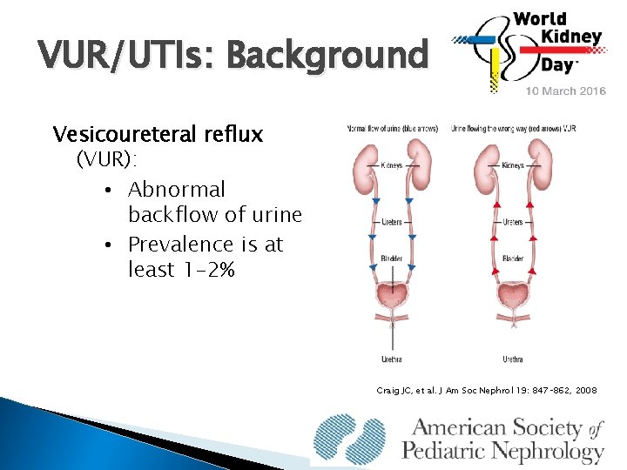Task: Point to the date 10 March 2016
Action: pos(563,91)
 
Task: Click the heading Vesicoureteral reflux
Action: pos(158,135)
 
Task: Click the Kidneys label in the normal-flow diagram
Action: pos(392,165)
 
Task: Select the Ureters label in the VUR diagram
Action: pos(513,222)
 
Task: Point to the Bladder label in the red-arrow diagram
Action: pos(512,258)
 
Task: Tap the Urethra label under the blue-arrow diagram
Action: pos(392,358)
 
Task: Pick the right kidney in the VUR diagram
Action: pos(540,164)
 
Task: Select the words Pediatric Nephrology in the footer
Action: pos(502,451)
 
